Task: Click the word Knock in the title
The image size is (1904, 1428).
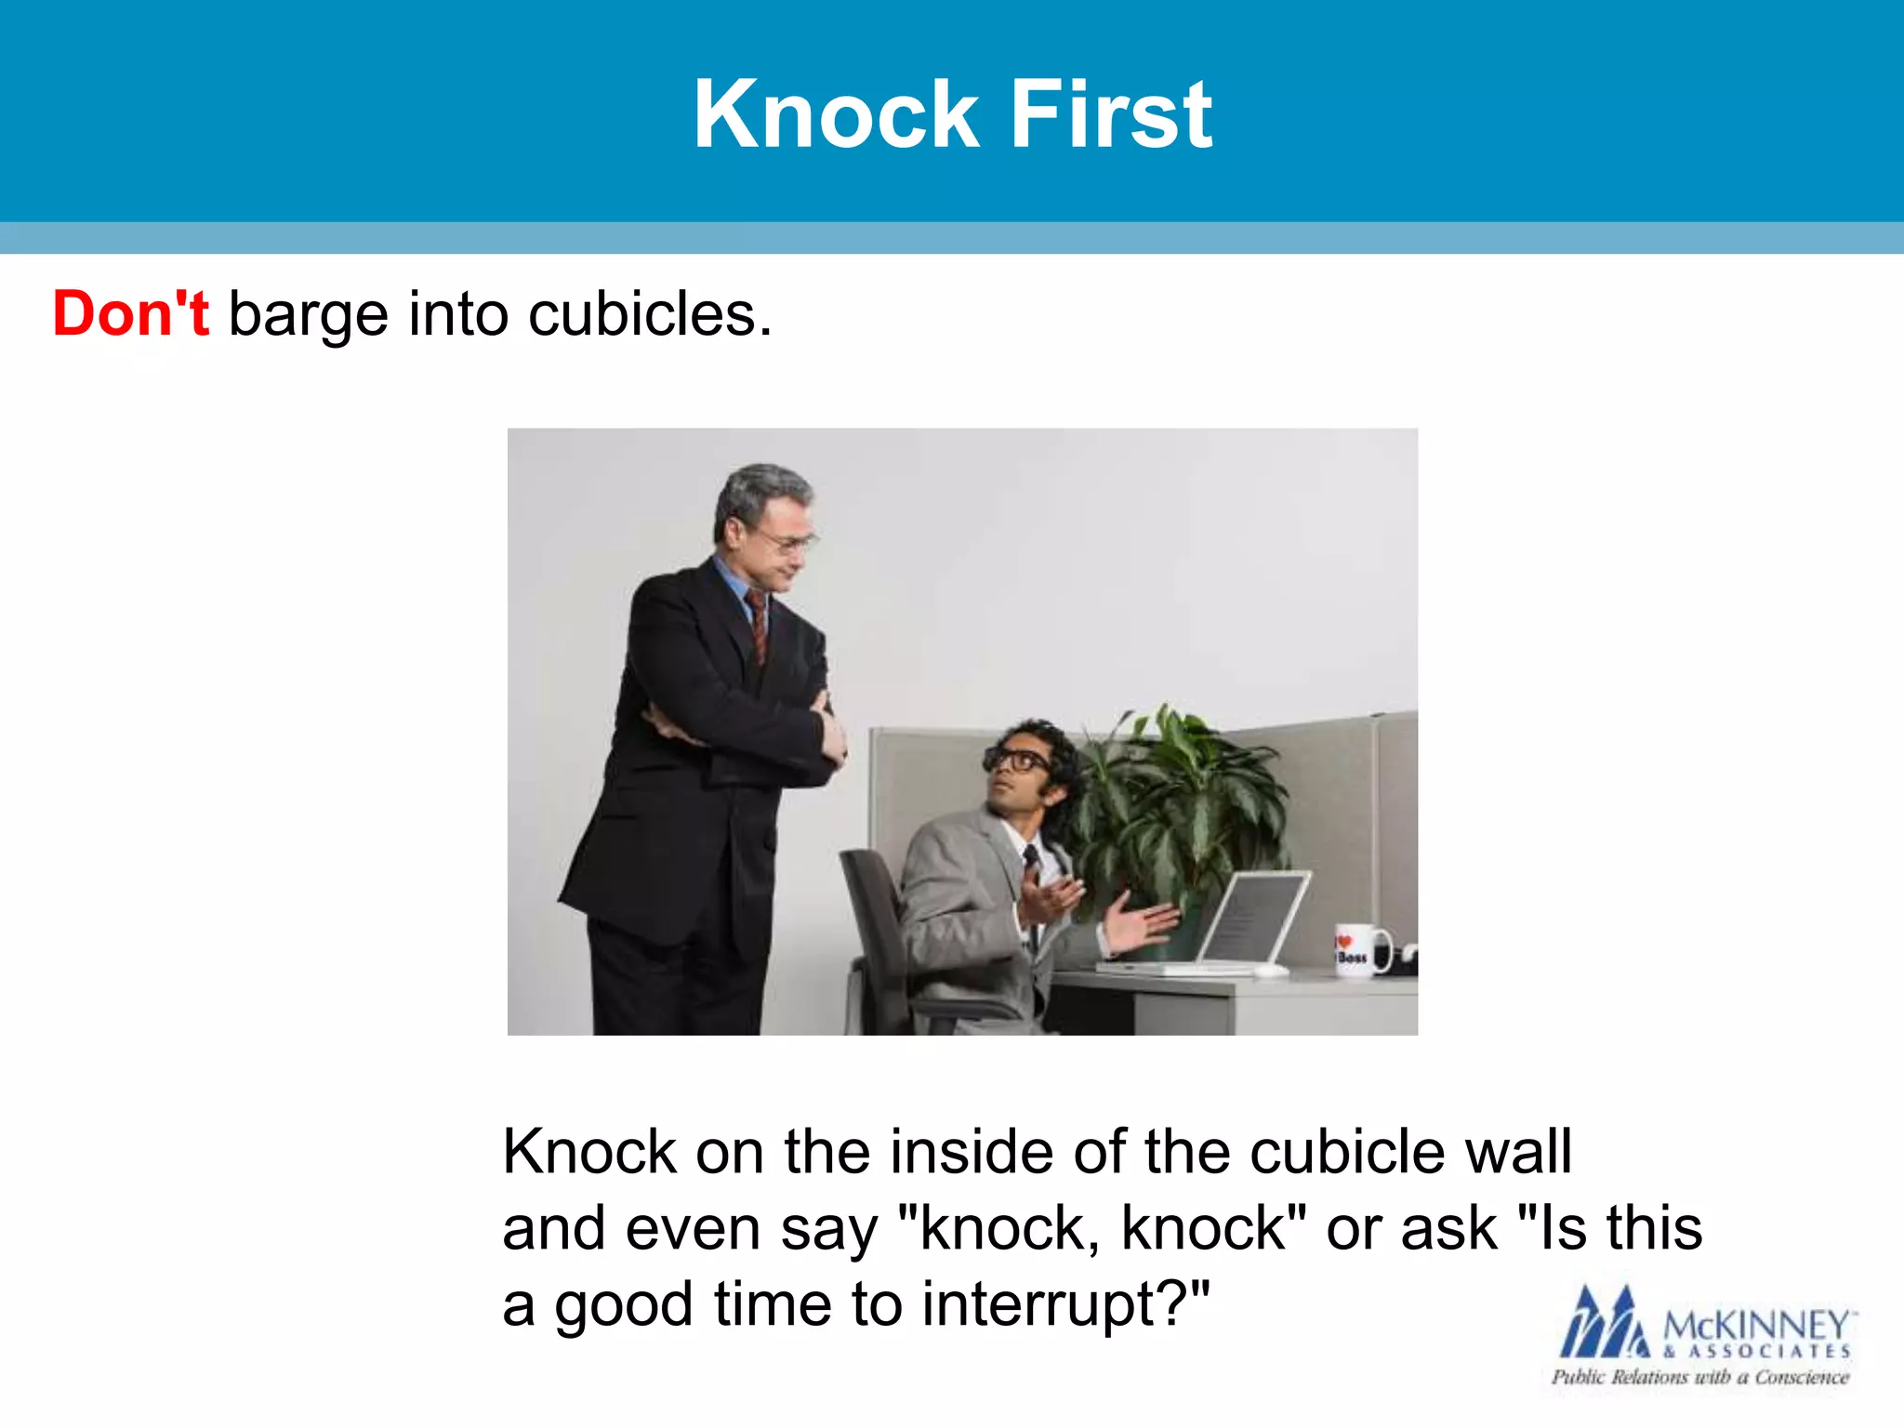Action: tap(836, 114)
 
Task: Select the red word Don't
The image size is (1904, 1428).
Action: tap(131, 313)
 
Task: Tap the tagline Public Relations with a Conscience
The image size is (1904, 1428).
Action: tap(1699, 1377)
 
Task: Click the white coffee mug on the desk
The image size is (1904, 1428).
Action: tap(1359, 950)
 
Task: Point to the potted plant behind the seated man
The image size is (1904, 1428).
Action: tap(1176, 800)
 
